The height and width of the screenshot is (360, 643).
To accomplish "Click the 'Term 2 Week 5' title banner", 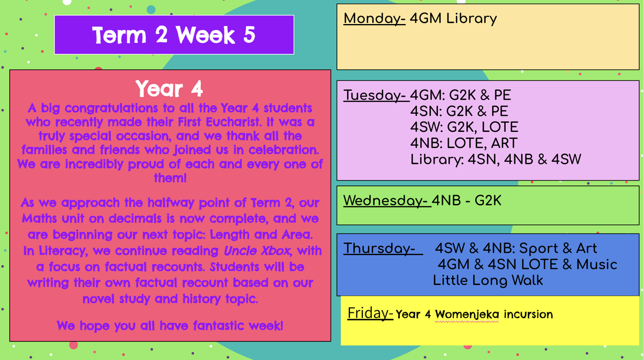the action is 174,35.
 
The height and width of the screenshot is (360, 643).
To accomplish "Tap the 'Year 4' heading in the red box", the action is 169,89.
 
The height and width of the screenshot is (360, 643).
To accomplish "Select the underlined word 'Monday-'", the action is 375,19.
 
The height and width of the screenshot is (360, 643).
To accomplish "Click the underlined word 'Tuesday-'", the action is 376,95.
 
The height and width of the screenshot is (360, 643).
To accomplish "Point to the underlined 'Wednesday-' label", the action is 387,200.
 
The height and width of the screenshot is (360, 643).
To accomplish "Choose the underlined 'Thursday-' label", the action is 383,249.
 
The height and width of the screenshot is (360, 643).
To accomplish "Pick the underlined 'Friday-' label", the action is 370,313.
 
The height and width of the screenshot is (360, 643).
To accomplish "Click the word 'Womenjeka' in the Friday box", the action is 467,314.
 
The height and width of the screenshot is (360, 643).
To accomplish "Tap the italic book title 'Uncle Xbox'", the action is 257,251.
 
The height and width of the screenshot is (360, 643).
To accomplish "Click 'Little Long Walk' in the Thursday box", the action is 488,281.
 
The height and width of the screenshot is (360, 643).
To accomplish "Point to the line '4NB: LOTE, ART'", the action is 463,143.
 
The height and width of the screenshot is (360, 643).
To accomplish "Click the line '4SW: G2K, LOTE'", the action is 464,127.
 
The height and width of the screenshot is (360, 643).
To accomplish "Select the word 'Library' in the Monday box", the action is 472,19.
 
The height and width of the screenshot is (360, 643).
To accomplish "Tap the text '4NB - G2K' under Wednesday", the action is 467,200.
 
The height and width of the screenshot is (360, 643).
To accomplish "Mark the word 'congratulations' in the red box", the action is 111,109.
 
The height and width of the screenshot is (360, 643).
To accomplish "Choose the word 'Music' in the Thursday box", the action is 596,265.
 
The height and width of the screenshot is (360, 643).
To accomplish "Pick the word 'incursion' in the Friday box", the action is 528,314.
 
